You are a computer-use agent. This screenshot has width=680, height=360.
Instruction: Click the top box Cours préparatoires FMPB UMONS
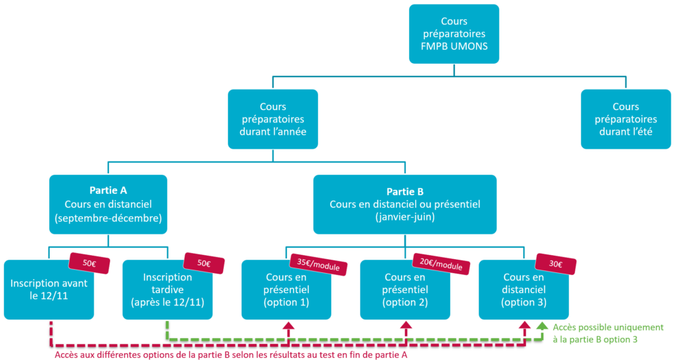coord(454,34)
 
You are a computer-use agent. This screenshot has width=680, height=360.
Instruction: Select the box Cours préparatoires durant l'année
coord(273,120)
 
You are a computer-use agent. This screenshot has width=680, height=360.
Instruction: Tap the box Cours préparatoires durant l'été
coord(626,120)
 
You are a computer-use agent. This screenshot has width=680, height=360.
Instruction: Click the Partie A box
coord(108,205)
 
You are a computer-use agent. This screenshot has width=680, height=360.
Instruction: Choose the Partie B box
coord(405,205)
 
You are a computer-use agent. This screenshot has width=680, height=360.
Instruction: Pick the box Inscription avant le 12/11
coord(49,290)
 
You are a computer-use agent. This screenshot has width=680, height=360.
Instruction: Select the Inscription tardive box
coord(167,290)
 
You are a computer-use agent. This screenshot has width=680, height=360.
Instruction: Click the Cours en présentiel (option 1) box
coord(286,290)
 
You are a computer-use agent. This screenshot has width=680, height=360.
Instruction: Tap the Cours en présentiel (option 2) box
coord(405,290)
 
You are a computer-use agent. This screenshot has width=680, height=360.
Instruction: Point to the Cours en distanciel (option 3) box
coord(523,290)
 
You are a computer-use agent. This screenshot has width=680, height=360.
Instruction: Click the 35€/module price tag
coord(318,264)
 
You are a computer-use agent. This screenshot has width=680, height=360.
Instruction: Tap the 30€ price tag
coord(556,264)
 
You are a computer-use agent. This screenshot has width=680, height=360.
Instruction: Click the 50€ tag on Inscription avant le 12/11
coord(90,263)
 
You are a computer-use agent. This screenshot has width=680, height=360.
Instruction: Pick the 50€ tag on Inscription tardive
coord(204,263)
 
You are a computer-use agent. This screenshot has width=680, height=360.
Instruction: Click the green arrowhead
coord(542,325)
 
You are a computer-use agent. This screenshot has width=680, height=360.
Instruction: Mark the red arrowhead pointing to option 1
coord(288,325)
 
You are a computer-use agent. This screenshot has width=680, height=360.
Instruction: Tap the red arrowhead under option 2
coord(406,325)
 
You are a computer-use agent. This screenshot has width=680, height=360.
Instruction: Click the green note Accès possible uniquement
coord(608,333)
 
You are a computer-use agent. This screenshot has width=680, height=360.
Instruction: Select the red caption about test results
coord(230,355)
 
